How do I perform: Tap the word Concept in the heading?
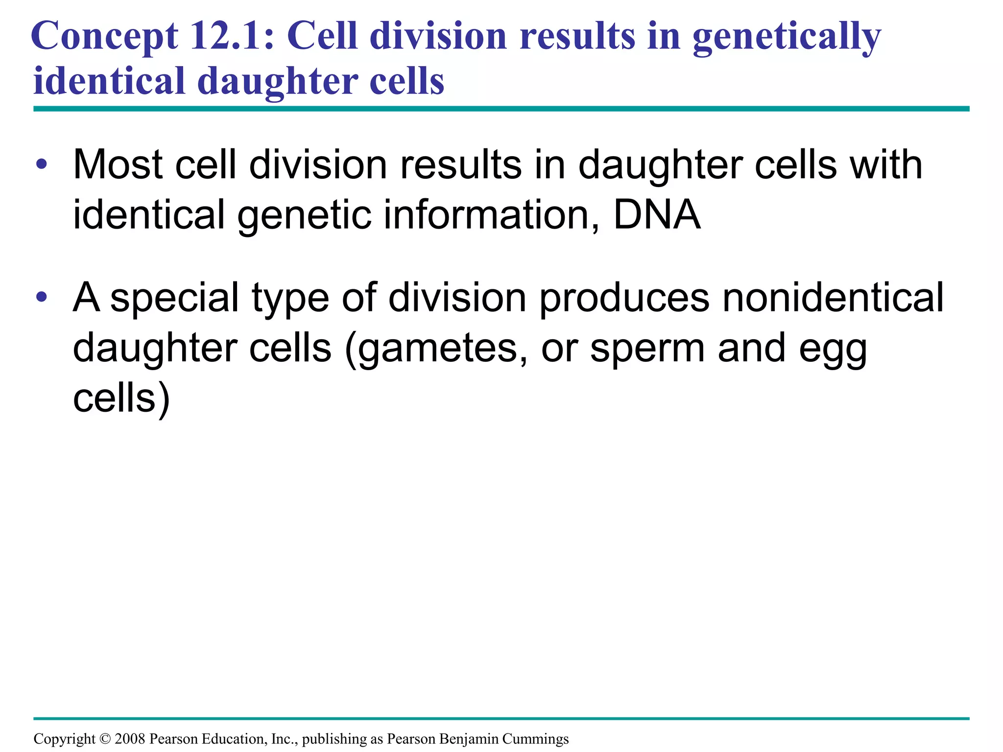click(104, 37)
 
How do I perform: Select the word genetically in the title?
click(787, 37)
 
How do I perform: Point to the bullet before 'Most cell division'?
click(42, 164)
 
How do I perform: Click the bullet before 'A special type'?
click(42, 297)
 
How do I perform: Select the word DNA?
click(657, 214)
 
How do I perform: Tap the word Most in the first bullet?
click(118, 164)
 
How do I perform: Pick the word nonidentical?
click(833, 297)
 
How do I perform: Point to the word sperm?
click(647, 348)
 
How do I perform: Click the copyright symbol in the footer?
click(105, 739)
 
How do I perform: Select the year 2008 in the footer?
click(130, 739)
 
